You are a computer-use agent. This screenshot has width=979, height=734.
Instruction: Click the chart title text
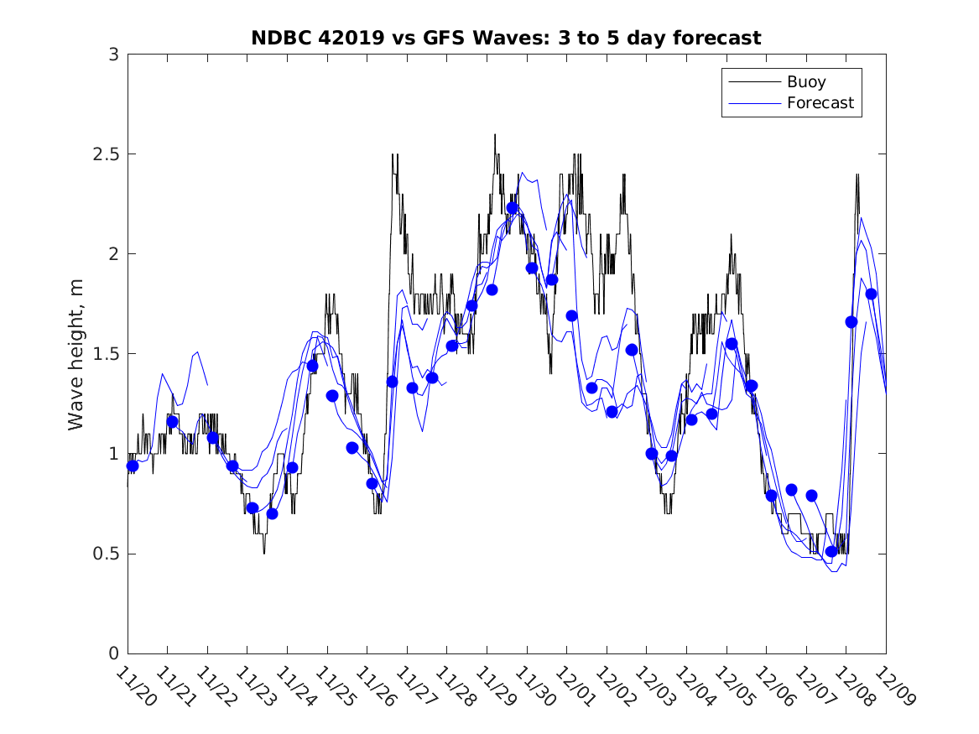tap(506, 38)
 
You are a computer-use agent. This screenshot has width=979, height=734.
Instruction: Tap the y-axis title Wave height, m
tap(76, 354)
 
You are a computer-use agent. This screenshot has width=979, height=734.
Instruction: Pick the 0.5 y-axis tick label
tap(105, 554)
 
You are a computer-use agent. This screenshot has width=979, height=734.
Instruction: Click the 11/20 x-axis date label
tap(135, 685)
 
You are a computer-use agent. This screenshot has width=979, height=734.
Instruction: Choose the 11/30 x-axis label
tap(534, 685)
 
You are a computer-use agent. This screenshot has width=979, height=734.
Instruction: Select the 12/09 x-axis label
tap(893, 685)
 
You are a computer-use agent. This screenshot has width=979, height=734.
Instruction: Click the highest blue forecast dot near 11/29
tap(512, 208)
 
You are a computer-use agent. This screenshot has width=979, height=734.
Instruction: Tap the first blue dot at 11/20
tap(132, 466)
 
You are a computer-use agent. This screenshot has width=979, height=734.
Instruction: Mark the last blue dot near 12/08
tap(871, 294)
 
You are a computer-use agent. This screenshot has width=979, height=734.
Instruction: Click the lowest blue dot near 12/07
tap(831, 551)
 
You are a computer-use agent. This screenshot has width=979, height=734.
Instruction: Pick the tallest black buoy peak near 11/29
tap(495, 135)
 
